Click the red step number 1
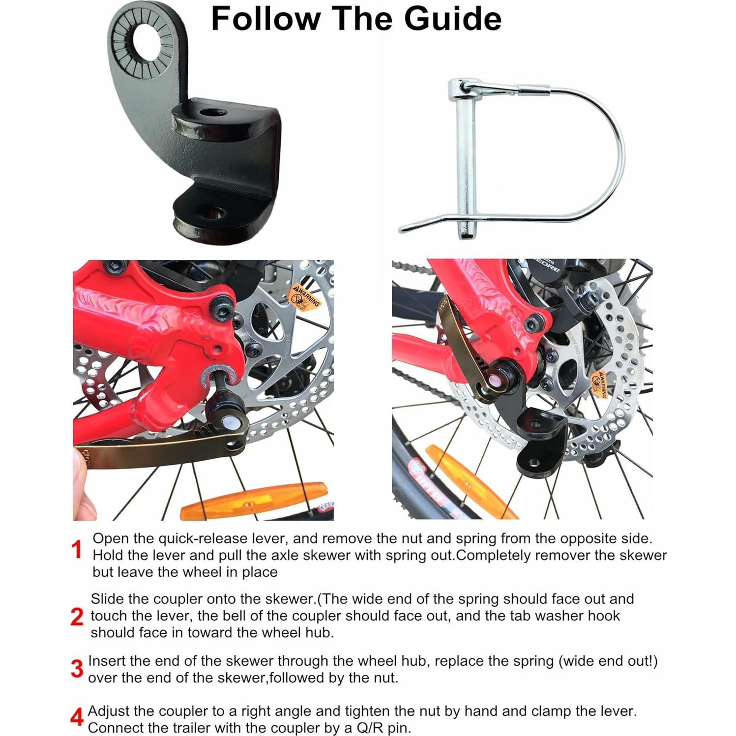click(77, 550)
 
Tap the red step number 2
click(77, 617)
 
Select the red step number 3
click(77, 669)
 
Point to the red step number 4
click(76, 717)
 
